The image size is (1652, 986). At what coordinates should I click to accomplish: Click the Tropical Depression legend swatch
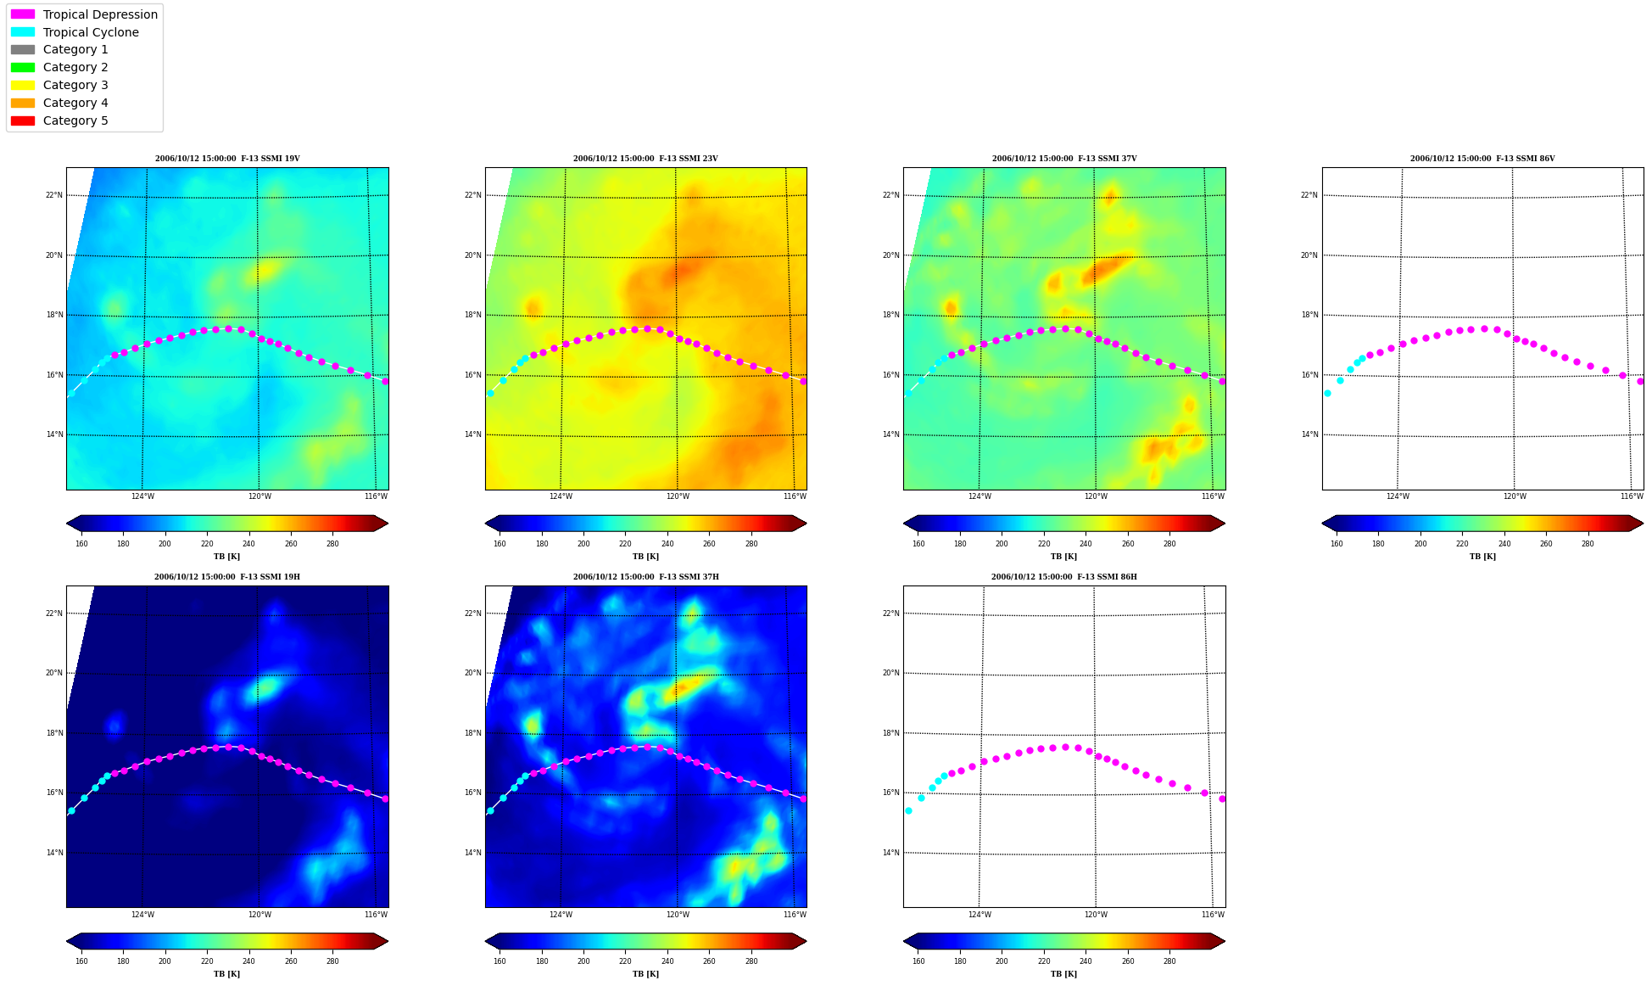click(23, 14)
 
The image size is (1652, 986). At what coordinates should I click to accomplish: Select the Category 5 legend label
click(75, 120)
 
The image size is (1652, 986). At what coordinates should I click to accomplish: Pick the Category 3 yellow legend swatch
click(23, 85)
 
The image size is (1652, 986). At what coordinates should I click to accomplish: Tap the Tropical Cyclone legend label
click(91, 32)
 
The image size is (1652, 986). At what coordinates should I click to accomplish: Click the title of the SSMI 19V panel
click(227, 159)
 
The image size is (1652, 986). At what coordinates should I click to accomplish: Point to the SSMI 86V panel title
click(1482, 159)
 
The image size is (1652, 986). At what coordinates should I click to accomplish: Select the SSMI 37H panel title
click(645, 577)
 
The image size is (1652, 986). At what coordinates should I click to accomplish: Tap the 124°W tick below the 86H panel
click(979, 915)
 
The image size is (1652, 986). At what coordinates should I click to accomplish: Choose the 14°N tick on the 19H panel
click(54, 853)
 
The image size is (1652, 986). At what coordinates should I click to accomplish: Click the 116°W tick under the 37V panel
click(1213, 496)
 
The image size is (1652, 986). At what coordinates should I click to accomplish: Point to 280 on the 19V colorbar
click(332, 544)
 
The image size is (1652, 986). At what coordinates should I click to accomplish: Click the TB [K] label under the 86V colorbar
click(1482, 557)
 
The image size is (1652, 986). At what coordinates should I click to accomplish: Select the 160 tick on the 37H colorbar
click(500, 961)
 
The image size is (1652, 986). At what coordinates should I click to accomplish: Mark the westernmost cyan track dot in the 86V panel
click(1327, 393)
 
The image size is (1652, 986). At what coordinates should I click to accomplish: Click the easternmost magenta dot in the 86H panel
click(1222, 798)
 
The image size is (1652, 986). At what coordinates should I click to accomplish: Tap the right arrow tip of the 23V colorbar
click(806, 524)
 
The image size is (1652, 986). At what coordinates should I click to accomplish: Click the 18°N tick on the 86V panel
click(1309, 315)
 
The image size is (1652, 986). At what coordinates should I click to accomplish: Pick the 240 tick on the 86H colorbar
click(1086, 961)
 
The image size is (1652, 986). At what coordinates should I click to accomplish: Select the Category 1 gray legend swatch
click(23, 50)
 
